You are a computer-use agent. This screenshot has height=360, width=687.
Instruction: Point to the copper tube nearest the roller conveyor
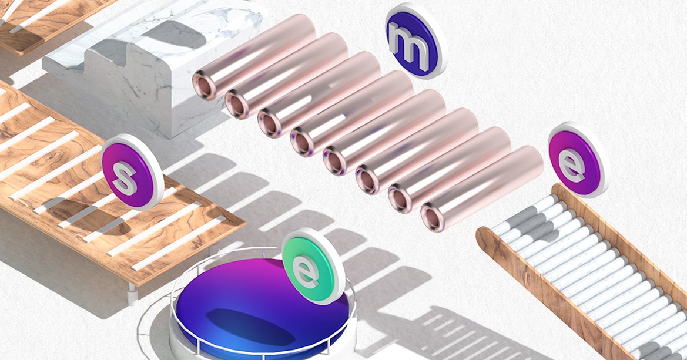click(x=482, y=189)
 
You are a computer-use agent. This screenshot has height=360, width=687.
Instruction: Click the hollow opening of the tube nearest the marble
click(x=204, y=85)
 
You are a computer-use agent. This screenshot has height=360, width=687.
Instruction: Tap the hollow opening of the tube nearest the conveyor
click(x=433, y=217)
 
